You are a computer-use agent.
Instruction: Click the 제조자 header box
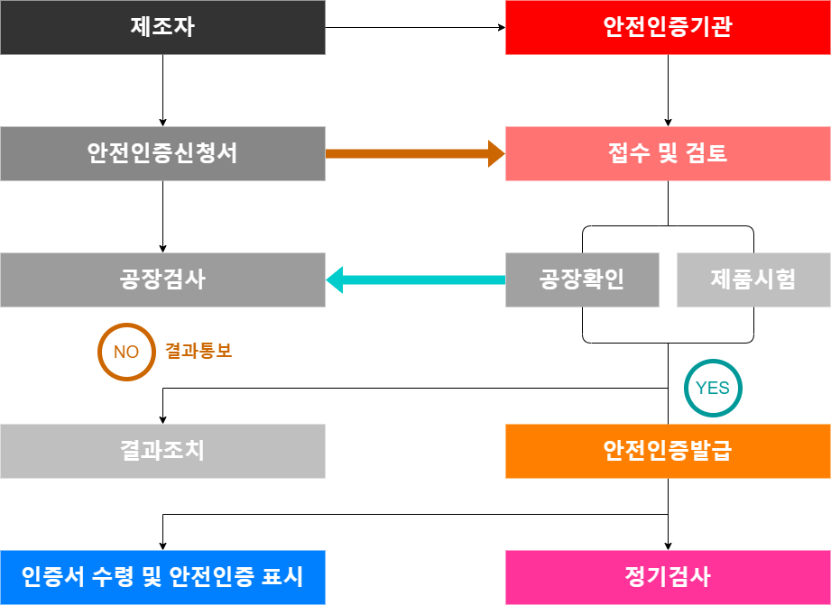(x=162, y=27)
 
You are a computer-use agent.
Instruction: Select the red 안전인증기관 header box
(x=668, y=27)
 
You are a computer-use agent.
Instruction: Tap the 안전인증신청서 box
(x=162, y=153)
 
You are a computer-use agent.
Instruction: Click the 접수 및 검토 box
(x=668, y=153)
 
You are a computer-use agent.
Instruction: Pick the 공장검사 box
(x=162, y=280)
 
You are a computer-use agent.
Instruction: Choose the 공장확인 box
(x=582, y=280)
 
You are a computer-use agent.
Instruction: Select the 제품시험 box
(x=753, y=280)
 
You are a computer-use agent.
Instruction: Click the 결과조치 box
(x=162, y=451)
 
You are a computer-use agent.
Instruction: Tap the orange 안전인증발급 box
(x=668, y=451)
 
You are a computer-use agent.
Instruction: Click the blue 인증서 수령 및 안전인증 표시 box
(x=162, y=577)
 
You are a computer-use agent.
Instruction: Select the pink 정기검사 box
(x=668, y=577)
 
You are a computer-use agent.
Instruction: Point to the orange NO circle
(x=126, y=352)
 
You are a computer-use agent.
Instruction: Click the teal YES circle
(x=713, y=389)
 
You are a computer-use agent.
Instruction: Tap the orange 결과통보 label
(x=199, y=351)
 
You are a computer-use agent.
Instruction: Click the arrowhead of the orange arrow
(x=496, y=153)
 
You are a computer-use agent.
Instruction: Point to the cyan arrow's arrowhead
(x=335, y=280)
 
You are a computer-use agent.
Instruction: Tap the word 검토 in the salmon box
(x=707, y=153)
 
